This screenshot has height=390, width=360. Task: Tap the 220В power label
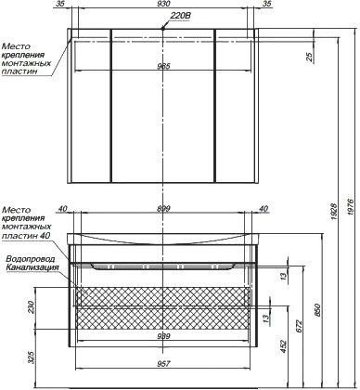[180, 16]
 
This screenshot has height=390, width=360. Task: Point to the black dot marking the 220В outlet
[163, 29]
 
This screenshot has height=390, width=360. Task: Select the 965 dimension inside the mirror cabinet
[164, 66]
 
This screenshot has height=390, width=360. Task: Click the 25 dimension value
[311, 56]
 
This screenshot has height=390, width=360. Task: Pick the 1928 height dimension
[334, 212]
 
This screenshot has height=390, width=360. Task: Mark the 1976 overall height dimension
[349, 204]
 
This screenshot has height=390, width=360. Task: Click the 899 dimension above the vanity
[163, 209]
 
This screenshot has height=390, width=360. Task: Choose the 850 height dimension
[317, 310]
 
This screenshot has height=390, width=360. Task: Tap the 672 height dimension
[299, 326]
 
